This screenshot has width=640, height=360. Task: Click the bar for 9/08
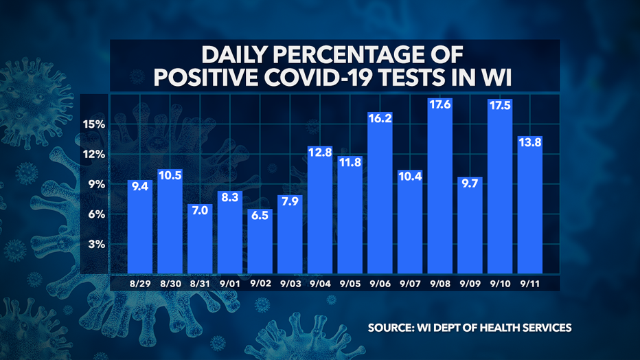pos(439,185)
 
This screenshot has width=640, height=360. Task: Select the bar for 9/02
pos(260,240)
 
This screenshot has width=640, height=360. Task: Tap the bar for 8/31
pos(200,238)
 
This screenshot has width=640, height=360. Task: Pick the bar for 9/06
pos(380,192)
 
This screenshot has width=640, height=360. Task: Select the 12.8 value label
pos(320,153)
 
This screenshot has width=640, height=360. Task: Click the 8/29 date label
pos(139,282)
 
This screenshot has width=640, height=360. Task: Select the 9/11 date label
pos(529,282)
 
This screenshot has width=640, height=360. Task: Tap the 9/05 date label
pos(350,282)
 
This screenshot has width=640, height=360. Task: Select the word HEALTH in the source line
pos(501,328)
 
